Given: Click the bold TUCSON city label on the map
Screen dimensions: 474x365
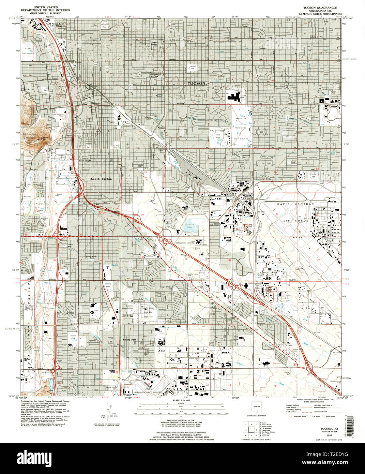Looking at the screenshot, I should click(x=197, y=84).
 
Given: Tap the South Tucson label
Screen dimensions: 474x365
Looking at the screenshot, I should click(x=101, y=179).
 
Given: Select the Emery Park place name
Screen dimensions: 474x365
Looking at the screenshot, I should click(x=130, y=340).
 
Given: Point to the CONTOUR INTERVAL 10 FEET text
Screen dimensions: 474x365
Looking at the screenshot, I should click(x=182, y=420).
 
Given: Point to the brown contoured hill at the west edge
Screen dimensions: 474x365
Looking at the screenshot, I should click(x=32, y=123).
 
